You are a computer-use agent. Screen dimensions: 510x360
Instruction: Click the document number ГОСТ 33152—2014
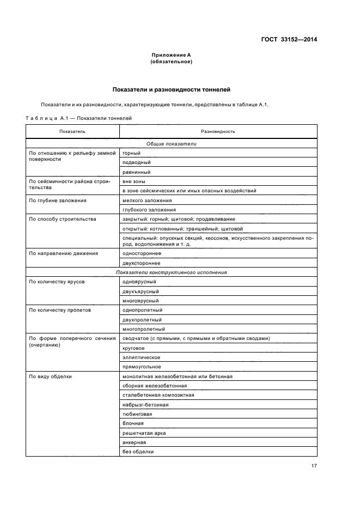pos(290,39)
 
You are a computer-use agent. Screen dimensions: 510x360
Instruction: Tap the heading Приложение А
pos(171,55)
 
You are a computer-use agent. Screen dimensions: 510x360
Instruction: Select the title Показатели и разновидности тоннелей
pos(172,89)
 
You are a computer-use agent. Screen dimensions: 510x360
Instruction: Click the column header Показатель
pos(72,131)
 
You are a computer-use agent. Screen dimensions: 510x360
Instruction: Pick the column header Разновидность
pos(218,131)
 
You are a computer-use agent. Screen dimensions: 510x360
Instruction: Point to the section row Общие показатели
pos(171,144)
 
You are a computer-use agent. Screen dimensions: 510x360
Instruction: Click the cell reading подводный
pos(137,162)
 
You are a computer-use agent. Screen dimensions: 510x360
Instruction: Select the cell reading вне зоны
pos(134,181)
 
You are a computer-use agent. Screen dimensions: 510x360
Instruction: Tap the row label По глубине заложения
pos(57,201)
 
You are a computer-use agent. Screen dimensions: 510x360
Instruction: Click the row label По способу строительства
pos(62,219)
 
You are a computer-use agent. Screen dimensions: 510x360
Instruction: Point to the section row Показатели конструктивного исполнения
pos(171,272)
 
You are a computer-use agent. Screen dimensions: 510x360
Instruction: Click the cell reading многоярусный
pos(141,300)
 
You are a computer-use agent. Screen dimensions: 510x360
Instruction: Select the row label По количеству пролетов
pos(60,310)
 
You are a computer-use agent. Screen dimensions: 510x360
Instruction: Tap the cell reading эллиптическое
pos(141,357)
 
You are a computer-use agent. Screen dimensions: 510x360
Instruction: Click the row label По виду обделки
pos(50,377)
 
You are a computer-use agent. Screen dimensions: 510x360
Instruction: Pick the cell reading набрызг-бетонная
pos(145,404)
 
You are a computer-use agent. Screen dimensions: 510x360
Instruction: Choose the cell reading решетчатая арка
pos(144,433)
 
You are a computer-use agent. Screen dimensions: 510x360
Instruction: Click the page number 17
pos(314,465)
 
